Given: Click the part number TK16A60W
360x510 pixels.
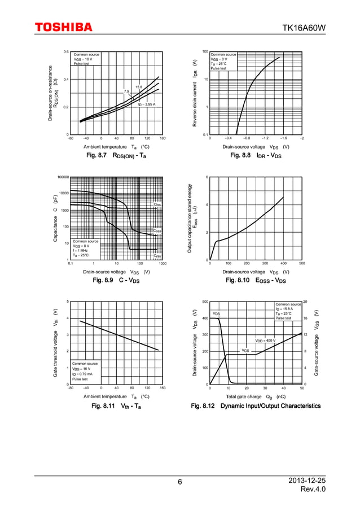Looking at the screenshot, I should coord(304,28).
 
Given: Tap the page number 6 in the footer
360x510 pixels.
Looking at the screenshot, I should coord(179,482).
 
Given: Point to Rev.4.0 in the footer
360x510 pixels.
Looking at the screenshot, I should coord(313,489).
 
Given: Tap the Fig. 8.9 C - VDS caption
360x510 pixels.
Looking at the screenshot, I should coord(116,280).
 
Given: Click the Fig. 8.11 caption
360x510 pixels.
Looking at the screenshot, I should coord(116,406).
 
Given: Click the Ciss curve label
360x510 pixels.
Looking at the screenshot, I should coord(157,204).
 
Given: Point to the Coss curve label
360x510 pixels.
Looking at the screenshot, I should coord(157,231).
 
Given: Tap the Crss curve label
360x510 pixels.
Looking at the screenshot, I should coord(157,256).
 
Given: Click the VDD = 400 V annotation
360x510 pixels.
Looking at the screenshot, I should coord(265,341).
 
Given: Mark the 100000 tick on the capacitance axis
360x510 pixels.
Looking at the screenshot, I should coord(62,177).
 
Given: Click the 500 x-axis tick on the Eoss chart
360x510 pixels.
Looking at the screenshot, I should coord(302,263).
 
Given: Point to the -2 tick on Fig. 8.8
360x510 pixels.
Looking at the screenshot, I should coord(302,138).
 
